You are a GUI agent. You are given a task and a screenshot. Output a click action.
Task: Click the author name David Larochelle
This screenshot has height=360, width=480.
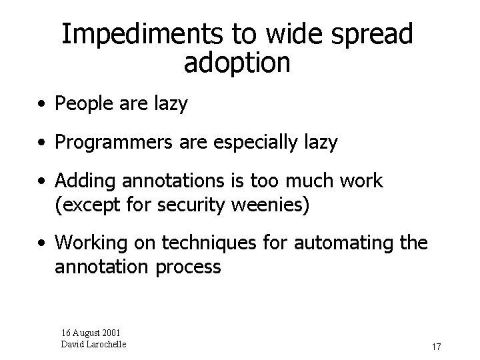pyautogui.click(x=94, y=344)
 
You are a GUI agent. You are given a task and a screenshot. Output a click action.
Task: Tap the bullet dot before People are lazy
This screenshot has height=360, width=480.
pyautogui.click(x=42, y=105)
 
